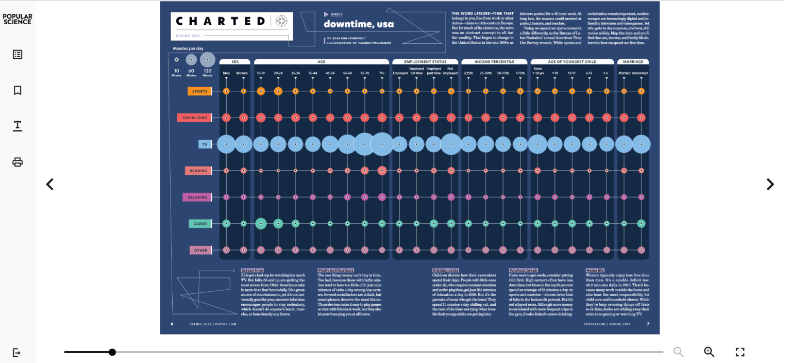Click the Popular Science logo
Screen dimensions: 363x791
(x=17, y=19)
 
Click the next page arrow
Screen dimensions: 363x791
(x=770, y=184)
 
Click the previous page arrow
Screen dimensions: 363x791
(x=50, y=184)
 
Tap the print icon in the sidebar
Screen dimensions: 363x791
(x=18, y=162)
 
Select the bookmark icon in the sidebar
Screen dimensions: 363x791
(x=18, y=90)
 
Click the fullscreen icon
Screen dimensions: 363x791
(x=740, y=352)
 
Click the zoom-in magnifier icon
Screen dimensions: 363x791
(x=709, y=352)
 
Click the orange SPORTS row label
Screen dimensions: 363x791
(x=199, y=91)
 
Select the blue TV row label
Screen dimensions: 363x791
(x=205, y=144)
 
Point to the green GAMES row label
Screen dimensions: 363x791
(x=199, y=224)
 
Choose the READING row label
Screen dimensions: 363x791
(x=198, y=171)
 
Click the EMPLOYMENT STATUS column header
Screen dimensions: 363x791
(x=425, y=62)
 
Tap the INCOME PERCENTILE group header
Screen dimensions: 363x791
(x=495, y=62)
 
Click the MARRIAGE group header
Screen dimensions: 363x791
(x=632, y=62)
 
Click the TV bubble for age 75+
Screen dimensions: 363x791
(x=382, y=144)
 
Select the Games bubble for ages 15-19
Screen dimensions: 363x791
(x=261, y=223)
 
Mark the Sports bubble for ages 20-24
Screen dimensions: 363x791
(x=278, y=91)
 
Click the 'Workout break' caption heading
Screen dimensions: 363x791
(x=523, y=270)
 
